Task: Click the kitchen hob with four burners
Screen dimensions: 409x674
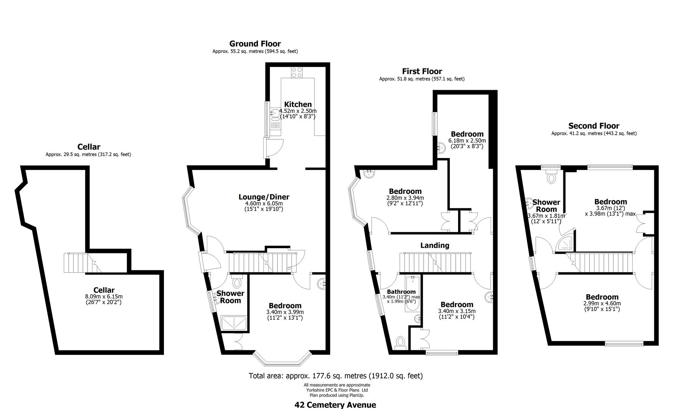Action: [x=296, y=72]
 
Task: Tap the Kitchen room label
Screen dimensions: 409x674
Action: [x=298, y=104]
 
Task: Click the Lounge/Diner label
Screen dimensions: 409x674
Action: [x=264, y=197]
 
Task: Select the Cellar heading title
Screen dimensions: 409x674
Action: [x=89, y=147]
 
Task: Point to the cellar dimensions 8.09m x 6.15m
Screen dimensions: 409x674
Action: [x=104, y=297]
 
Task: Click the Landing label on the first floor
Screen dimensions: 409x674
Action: [x=435, y=245]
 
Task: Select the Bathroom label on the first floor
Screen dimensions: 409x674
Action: [x=401, y=292]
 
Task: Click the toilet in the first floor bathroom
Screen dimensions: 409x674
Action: [x=400, y=342]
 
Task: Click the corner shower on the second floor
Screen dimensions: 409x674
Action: [x=565, y=244]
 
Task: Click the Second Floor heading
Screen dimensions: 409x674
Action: [x=594, y=126]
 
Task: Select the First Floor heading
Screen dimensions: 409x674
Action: [x=422, y=71]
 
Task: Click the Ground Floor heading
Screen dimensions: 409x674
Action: [x=255, y=44]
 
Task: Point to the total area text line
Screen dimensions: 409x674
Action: [x=335, y=376]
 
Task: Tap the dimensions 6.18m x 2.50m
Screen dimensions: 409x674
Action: [x=467, y=140]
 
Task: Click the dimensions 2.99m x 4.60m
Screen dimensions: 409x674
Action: [x=602, y=303]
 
